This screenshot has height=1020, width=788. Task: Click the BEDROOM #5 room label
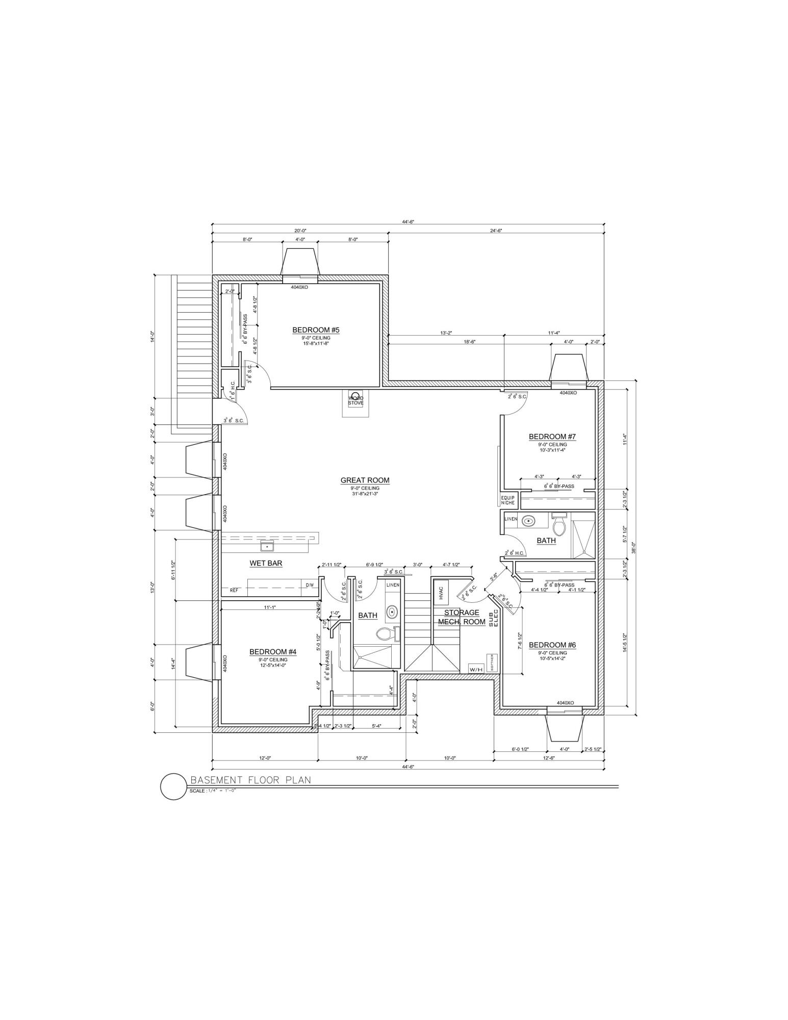pyautogui.click(x=315, y=330)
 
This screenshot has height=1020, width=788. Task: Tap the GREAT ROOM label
pyautogui.click(x=365, y=480)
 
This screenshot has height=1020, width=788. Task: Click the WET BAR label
pyautogui.click(x=266, y=564)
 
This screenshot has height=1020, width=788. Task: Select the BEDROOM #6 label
pyautogui.click(x=552, y=645)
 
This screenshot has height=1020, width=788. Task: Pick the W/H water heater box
pyautogui.click(x=476, y=669)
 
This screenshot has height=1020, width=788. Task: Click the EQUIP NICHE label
pyautogui.click(x=508, y=500)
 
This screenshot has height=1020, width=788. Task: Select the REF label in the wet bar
pyautogui.click(x=234, y=590)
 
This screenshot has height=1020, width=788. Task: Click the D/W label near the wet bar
pyautogui.click(x=310, y=585)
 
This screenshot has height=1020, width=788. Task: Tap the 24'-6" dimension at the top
pyautogui.click(x=495, y=231)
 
